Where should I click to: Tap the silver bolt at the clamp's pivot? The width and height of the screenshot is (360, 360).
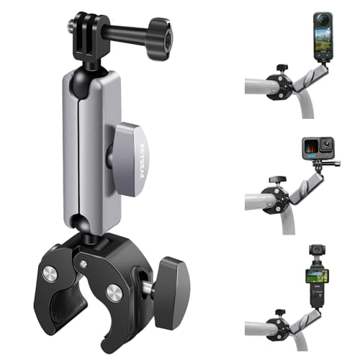tap(113, 292)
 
